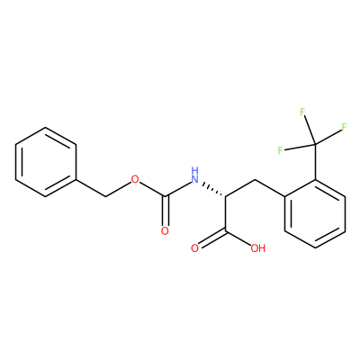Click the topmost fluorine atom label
[302, 112]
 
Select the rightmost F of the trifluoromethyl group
[344, 127]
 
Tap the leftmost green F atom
[280, 150]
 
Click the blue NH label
[195, 175]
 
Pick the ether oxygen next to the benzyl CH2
[135, 179]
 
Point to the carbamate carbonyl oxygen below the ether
[165, 231]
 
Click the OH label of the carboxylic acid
[258, 248]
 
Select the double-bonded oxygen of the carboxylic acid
[195, 248]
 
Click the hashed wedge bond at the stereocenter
[214, 190]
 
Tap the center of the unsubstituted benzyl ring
[45, 162]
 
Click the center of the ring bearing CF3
[315, 213]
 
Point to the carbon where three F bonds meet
[315, 145]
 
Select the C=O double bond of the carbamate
[165, 211]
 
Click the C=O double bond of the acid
[212, 238]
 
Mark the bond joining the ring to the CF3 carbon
[315, 162]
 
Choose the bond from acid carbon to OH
[238, 237]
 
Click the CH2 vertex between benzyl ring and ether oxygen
[105, 197]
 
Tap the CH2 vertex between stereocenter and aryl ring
[255, 179]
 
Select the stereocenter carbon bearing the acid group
[225, 197]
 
